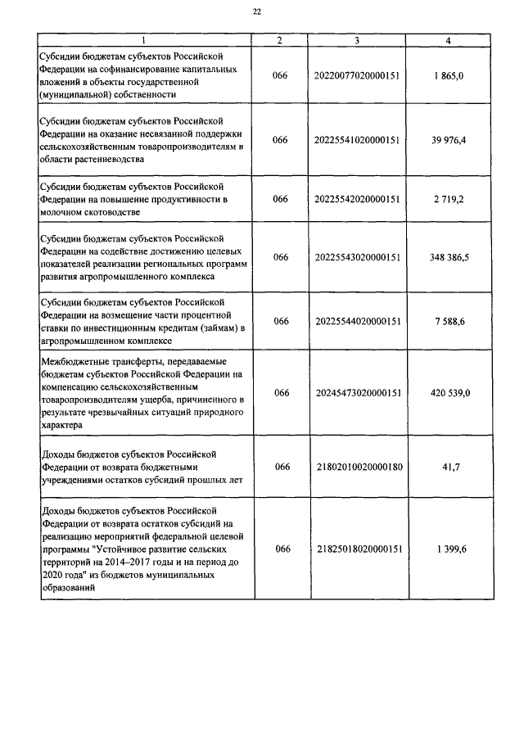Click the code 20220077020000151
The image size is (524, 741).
pos(356,75)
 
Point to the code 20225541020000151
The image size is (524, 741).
pos(356,140)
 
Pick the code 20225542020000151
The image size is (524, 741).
pos(356,199)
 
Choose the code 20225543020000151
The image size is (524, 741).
pos(356,257)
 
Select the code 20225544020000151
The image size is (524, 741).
pos(356,321)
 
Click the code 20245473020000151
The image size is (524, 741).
pos(356,393)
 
